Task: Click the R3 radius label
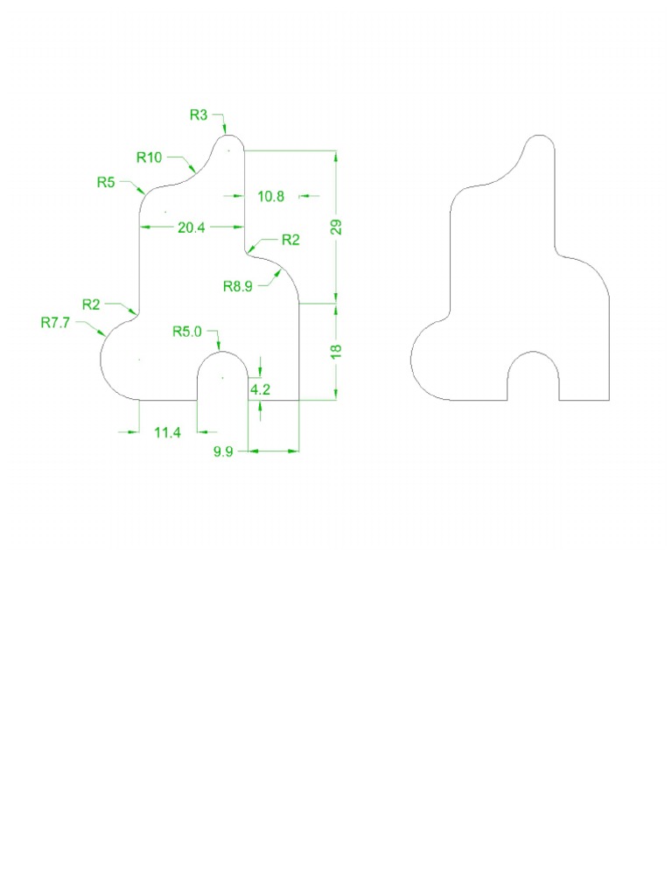pyautogui.click(x=199, y=114)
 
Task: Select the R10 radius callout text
pyautogui.click(x=150, y=157)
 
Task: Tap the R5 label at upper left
pyautogui.click(x=106, y=183)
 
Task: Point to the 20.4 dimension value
pyautogui.click(x=192, y=227)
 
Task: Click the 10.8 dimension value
pyautogui.click(x=270, y=197)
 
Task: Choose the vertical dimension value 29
pyautogui.click(x=337, y=227)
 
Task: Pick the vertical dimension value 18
pyautogui.click(x=337, y=350)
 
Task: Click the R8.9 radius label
pyautogui.click(x=238, y=285)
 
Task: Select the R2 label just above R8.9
pyautogui.click(x=290, y=240)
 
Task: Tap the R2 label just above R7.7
pyautogui.click(x=92, y=304)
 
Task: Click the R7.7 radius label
pyautogui.click(x=55, y=322)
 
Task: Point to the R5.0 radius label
pyautogui.click(x=186, y=332)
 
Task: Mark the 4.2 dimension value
pyautogui.click(x=260, y=390)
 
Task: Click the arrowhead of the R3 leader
pyautogui.click(x=225, y=132)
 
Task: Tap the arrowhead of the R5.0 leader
pyautogui.click(x=218, y=347)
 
